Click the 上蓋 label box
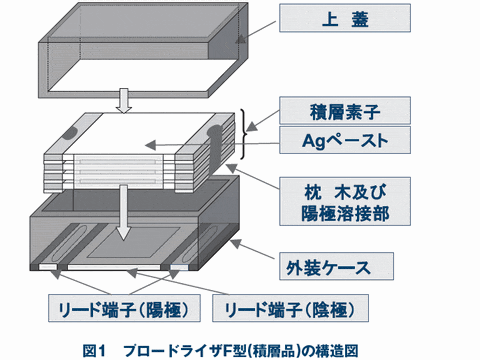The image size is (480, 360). pyautogui.click(x=345, y=18)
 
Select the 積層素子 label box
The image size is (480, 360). pyautogui.click(x=345, y=111)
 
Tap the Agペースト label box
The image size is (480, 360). pyautogui.click(x=345, y=140)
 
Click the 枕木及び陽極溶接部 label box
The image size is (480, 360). pyautogui.click(x=345, y=201)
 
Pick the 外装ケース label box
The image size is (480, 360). pyautogui.click(x=336, y=266)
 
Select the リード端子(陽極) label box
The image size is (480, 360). pyautogui.click(x=124, y=308)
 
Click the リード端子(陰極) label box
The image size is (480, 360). pyautogui.click(x=290, y=308)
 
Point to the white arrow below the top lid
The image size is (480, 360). pyautogui.click(x=124, y=101)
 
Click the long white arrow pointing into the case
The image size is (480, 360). pyautogui.click(x=124, y=212)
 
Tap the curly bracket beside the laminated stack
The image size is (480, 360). pyautogui.click(x=245, y=134)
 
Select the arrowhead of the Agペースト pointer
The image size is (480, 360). pyautogui.click(x=150, y=145)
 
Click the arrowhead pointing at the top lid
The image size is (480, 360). pyautogui.click(x=241, y=39)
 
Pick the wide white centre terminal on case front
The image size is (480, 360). pyautogui.click(x=114, y=267)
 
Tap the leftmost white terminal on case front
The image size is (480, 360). pyautogui.click(x=48, y=267)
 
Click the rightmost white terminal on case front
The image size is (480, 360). pyautogui.click(x=179, y=267)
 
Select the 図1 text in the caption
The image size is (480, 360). pyautogui.click(x=94, y=351)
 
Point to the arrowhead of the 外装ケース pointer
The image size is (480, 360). pyautogui.click(x=236, y=243)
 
